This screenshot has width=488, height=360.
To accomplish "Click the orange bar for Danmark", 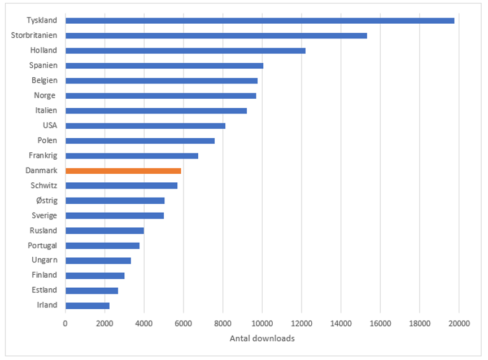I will (123, 170).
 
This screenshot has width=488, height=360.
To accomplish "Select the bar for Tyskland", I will (260, 20).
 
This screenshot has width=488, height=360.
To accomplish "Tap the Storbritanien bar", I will (216, 36).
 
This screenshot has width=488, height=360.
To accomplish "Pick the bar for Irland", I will (88, 305).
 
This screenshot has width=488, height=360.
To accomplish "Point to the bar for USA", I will (145, 125).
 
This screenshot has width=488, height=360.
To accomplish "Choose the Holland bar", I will (185, 50).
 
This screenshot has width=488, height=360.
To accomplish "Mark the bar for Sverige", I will (115, 215).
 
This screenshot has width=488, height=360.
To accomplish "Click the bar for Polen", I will (140, 141).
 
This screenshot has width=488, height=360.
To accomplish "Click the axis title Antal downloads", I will (262, 339).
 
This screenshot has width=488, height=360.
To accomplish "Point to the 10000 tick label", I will (262, 323).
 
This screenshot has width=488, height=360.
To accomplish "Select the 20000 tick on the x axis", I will (459, 323).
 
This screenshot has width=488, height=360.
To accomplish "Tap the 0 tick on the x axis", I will (66, 323).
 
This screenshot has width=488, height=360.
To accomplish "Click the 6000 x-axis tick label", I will (184, 323).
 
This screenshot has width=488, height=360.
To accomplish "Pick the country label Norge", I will (45, 95).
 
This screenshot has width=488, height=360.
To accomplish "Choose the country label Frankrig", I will (43, 155).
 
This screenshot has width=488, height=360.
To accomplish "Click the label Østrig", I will (46, 200).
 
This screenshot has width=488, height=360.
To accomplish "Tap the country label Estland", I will (44, 290).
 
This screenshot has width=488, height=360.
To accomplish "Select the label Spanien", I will (43, 65).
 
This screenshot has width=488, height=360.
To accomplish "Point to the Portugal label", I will (43, 245).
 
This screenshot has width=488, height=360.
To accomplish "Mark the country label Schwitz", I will (44, 185).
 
